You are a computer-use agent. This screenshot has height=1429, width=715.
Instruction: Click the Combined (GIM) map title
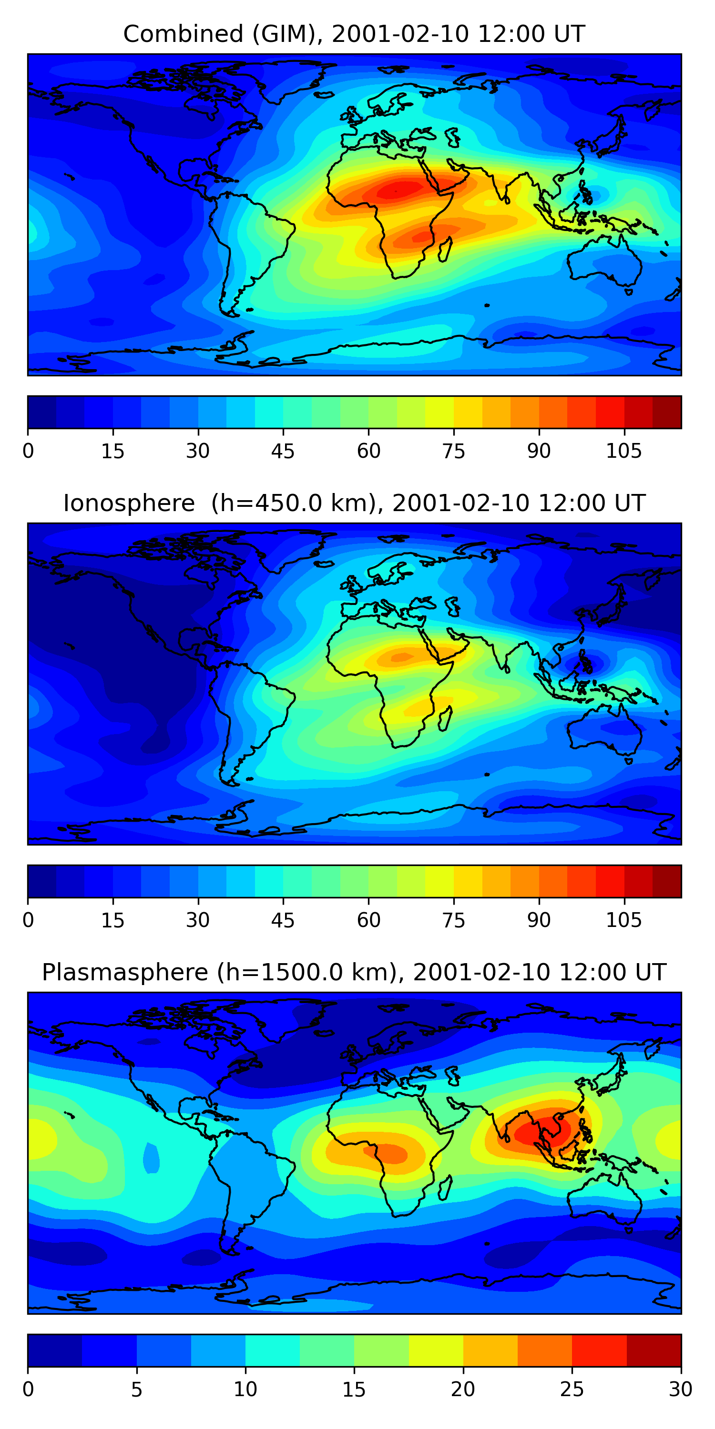[x=354, y=34]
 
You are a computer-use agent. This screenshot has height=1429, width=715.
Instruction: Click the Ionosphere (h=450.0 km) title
[x=354, y=503]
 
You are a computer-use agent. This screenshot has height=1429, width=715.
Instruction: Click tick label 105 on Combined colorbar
[x=623, y=451]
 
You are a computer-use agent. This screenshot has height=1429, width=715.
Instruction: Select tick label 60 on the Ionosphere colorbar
[x=368, y=920]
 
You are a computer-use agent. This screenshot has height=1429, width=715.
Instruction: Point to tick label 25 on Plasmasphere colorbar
[x=572, y=1389]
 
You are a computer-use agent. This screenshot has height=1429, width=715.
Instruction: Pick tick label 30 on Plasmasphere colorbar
[x=680, y=1389]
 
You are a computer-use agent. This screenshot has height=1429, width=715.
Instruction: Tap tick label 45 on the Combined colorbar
[x=283, y=451]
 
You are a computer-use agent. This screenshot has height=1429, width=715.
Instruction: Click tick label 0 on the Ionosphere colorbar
[x=28, y=920]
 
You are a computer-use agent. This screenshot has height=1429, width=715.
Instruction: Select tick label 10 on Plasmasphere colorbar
[x=245, y=1389]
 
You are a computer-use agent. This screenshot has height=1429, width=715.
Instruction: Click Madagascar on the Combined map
[x=445, y=250]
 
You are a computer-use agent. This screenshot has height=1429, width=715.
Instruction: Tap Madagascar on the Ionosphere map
[x=445, y=719]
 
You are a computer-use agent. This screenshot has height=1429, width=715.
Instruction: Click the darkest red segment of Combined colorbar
[x=667, y=412]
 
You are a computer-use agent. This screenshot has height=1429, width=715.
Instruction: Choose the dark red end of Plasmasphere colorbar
[x=654, y=1350]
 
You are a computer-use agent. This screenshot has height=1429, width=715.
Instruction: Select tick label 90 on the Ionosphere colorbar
[x=539, y=920]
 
